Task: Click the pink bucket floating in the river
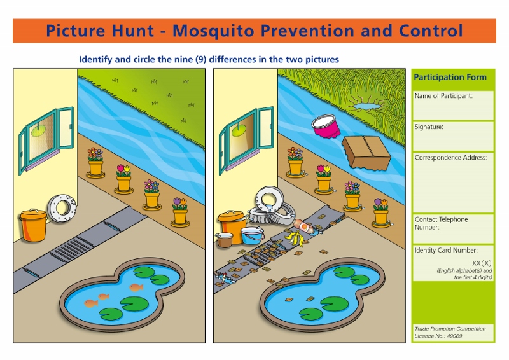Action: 326,125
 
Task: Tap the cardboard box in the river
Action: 366,153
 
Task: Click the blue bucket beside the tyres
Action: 253,235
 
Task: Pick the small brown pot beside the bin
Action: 224,240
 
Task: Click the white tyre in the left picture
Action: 60,207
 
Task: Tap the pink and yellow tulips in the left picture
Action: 123,170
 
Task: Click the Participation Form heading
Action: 450,77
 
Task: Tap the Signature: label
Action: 429,127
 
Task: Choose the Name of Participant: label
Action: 443,96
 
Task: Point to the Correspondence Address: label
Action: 450,158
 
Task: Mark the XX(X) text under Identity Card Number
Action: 482,263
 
